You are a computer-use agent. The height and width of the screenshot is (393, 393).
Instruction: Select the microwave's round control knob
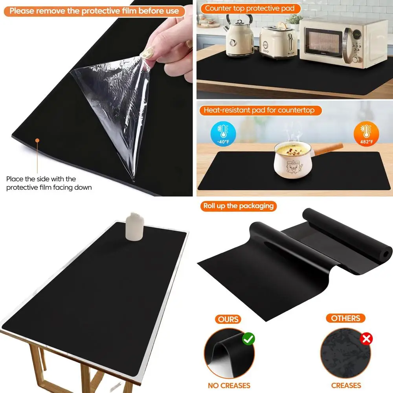pyautogui.click(x=356, y=59)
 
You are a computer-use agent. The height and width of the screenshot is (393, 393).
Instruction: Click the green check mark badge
pyautogui.click(x=248, y=338)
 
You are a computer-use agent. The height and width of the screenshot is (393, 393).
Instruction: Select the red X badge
pyautogui.click(x=366, y=339)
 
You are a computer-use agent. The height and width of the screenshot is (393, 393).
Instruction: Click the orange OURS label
pyautogui.click(x=228, y=318)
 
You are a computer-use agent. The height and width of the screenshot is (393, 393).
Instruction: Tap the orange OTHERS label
pyautogui.click(x=346, y=318)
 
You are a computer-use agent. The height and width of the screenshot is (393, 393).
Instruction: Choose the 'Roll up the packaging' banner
pyautogui.click(x=239, y=206)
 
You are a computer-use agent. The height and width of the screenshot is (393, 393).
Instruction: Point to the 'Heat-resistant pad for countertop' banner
pyautogui.click(x=259, y=110)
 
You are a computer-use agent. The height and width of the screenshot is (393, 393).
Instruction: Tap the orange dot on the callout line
pyautogui.click(x=37, y=140)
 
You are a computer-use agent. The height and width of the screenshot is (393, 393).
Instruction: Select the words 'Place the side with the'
pyautogui.click(x=41, y=179)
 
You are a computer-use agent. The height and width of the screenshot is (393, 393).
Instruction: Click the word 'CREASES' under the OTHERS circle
pyautogui.click(x=346, y=386)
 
